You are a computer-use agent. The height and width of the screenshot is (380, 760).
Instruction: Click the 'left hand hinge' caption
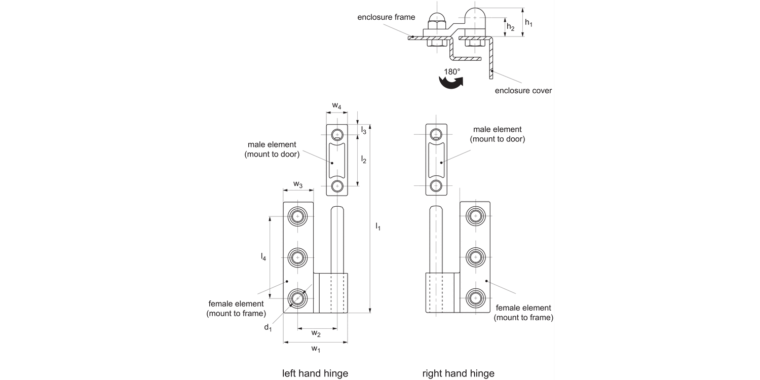point(315,373)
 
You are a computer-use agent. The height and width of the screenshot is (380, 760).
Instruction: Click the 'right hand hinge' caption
point(458,373)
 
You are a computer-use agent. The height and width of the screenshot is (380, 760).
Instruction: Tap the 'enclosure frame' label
point(386,17)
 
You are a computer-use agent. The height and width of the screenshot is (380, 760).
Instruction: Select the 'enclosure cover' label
point(523,91)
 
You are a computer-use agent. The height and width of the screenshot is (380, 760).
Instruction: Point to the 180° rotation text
point(452,72)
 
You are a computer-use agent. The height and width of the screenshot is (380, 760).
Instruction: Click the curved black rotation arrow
point(450,83)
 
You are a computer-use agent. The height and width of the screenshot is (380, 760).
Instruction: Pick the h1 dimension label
point(528,23)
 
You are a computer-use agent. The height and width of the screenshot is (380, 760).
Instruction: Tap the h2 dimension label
point(510,27)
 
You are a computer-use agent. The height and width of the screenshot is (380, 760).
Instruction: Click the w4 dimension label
point(336,105)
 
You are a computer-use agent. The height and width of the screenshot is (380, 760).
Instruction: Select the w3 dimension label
point(298,184)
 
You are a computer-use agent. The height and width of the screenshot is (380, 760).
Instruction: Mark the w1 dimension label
point(316,349)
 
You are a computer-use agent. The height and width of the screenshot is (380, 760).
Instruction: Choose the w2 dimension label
point(316,333)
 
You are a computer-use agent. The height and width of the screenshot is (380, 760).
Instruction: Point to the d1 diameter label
point(268,327)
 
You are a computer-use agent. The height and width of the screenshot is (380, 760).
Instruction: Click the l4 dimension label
point(263,257)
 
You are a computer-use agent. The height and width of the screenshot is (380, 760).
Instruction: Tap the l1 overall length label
point(377,226)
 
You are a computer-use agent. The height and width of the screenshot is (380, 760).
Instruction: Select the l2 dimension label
point(363,160)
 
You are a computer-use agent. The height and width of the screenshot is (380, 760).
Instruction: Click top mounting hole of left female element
point(297,216)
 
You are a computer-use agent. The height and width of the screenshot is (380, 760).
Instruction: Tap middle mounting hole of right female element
point(475,257)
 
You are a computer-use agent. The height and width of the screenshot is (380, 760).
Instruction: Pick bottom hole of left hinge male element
point(337,186)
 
